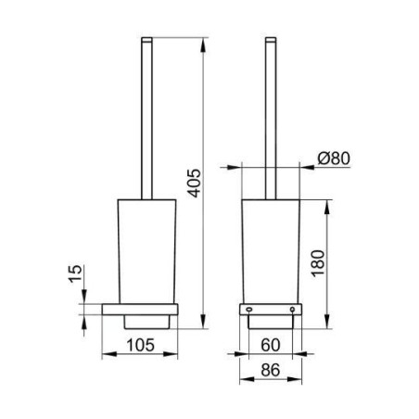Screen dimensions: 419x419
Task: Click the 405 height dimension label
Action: (195, 183)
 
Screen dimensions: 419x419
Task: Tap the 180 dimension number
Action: (318, 263)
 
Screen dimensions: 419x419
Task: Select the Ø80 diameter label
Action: (334, 159)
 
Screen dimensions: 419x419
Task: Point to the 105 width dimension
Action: (140, 345)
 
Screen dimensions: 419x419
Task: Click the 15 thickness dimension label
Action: (76, 273)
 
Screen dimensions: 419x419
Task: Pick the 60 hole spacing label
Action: (271, 345)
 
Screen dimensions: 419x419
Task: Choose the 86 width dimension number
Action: (271, 370)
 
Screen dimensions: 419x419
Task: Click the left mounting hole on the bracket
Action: (248, 309)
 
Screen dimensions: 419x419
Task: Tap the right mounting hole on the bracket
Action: (292, 309)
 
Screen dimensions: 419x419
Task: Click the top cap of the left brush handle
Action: (146, 39)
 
